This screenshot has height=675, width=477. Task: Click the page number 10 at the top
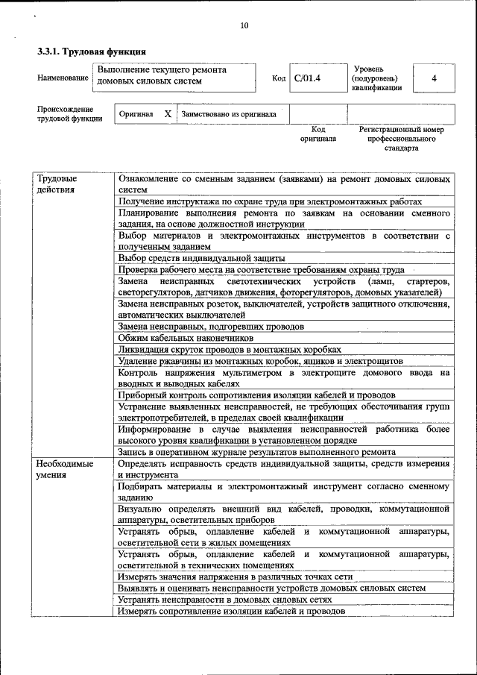244,26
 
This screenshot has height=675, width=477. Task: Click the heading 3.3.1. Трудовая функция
91,51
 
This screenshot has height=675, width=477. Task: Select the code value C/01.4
306,77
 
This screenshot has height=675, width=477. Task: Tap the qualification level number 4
434,78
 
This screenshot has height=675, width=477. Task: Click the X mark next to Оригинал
167,114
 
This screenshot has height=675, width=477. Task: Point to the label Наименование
61,78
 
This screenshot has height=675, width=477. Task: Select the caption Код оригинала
318,134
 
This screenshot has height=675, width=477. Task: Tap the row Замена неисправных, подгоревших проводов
211,327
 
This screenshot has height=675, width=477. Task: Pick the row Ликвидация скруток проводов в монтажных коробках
230,349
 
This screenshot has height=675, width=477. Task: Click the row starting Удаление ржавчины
260,360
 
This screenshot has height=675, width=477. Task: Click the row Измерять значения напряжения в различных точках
235,577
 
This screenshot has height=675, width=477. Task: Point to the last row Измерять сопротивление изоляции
231,610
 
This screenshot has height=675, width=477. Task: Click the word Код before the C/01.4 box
279,78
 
